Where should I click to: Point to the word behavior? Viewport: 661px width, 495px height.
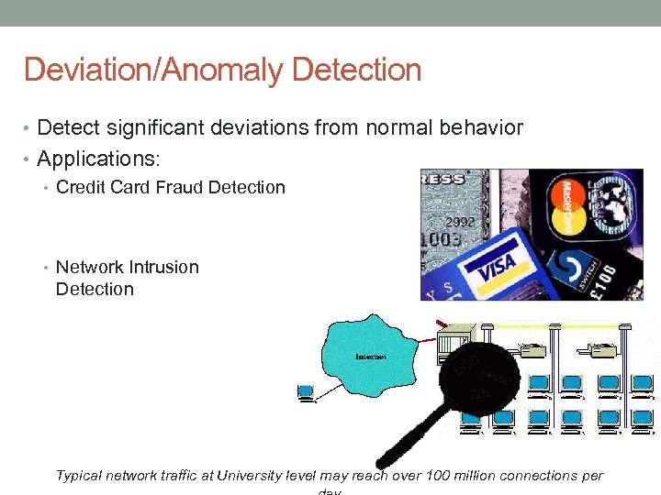click(479, 128)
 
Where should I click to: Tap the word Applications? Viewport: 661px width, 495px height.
click(97, 159)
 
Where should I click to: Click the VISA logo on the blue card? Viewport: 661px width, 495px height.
click(498, 268)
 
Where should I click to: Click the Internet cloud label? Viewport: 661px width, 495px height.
click(368, 356)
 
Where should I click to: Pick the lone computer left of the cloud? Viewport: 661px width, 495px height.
click(306, 392)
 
